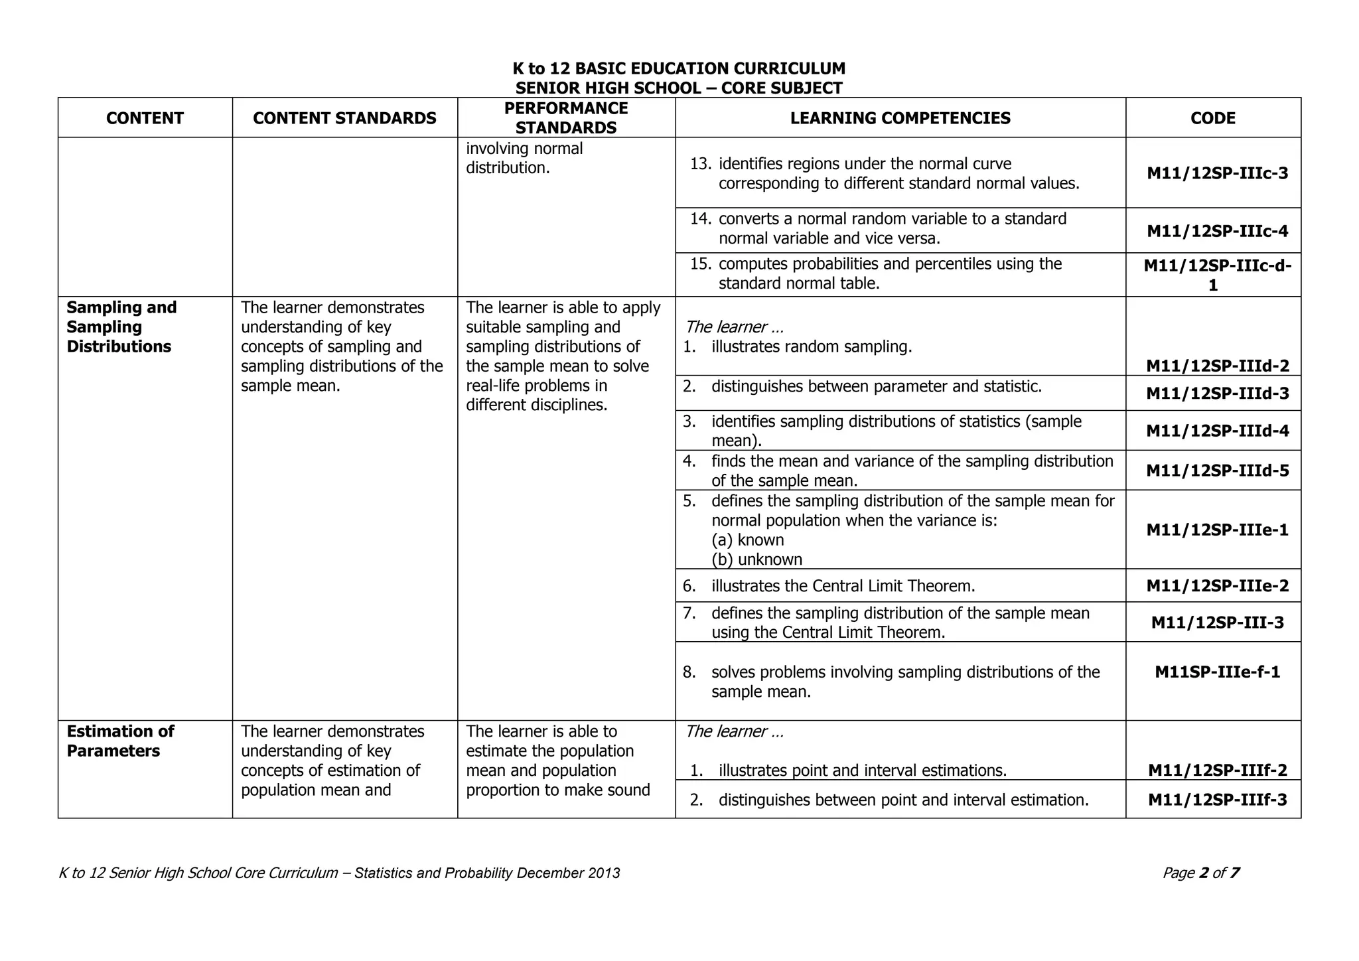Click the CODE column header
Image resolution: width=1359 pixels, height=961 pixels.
1212,118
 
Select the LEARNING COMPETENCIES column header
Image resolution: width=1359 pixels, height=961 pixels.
900,118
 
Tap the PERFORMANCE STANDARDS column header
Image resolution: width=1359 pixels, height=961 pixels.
566,118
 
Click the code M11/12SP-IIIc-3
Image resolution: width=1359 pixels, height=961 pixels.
1217,173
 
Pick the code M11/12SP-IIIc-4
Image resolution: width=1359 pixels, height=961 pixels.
1217,231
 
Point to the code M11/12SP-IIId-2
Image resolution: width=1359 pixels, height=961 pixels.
1217,366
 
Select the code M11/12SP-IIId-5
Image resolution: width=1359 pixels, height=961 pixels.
1217,471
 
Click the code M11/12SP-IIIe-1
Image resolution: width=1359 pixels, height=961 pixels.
1217,530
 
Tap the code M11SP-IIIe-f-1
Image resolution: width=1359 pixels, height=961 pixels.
1217,672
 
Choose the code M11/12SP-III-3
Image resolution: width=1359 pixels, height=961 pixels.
1217,623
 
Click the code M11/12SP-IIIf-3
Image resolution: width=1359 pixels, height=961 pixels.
1217,800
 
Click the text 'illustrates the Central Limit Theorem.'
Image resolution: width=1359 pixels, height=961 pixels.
843,586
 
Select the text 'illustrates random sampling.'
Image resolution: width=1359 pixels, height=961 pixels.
811,346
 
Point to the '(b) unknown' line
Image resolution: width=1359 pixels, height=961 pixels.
756,559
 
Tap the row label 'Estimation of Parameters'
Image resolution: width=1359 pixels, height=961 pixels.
119,741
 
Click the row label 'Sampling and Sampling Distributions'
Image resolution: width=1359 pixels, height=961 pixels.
121,327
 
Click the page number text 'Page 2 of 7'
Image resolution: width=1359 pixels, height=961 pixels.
1200,873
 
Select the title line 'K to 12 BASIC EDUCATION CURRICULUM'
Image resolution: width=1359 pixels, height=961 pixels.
679,68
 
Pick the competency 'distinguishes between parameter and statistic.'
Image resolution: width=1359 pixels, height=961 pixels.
876,386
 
